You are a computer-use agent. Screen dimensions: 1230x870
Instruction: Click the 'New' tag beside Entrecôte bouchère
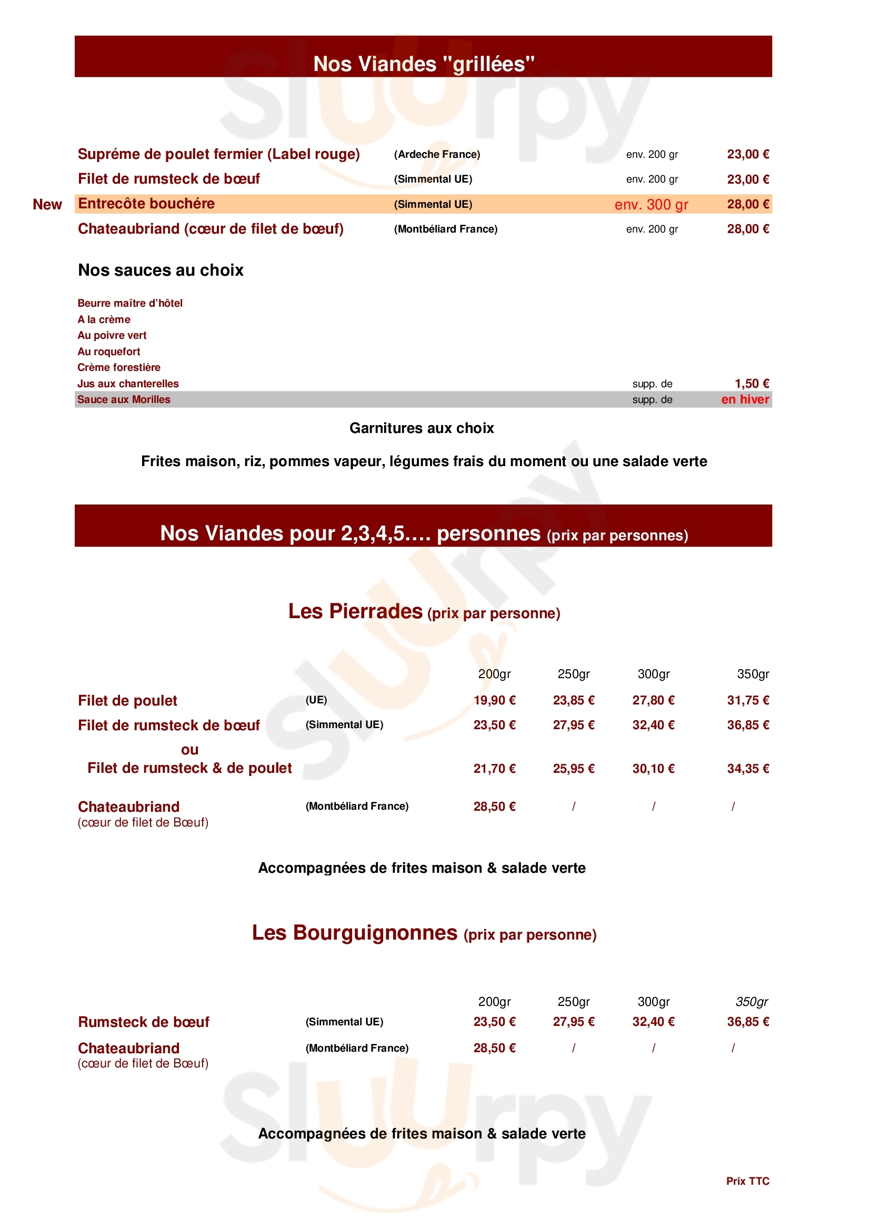(x=47, y=205)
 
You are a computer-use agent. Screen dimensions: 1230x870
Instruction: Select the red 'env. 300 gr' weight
(x=651, y=205)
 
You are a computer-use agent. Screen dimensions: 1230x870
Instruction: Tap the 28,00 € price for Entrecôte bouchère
(x=748, y=204)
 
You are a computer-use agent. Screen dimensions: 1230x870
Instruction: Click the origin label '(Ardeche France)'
(x=437, y=154)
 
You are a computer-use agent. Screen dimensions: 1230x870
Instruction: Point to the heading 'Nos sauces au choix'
(x=161, y=270)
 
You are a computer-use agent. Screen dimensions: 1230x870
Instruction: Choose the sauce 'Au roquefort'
(x=109, y=351)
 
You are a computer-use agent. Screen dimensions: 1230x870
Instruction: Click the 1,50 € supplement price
(x=752, y=384)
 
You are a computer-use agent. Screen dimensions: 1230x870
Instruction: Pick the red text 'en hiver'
(x=745, y=399)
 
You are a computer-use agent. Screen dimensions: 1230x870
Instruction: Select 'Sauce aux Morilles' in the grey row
(x=124, y=400)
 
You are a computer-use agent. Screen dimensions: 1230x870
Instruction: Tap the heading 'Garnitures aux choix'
(x=422, y=428)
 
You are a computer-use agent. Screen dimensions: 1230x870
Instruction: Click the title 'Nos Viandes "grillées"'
(x=424, y=64)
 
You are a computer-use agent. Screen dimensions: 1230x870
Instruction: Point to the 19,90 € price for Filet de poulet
(x=494, y=700)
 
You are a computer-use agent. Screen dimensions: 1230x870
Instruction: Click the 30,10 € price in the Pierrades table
(x=654, y=769)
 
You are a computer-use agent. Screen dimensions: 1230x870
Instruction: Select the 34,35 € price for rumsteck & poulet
(x=748, y=769)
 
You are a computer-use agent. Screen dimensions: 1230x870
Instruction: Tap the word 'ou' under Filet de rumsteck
(x=190, y=750)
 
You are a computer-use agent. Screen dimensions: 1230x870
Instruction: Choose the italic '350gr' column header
(x=752, y=1001)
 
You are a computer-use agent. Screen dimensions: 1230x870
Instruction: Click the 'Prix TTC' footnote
(x=748, y=1181)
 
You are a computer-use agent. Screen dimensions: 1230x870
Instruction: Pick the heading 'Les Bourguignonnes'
(x=355, y=933)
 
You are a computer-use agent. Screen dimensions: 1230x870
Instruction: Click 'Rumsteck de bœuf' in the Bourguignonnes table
(x=144, y=1022)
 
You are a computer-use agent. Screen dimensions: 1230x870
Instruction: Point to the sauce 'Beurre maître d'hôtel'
(x=130, y=303)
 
